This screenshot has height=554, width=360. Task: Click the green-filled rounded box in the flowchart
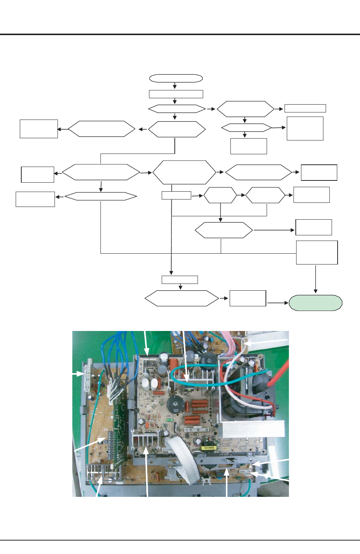click(316, 303)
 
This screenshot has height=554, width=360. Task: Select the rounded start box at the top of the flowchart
click(176, 78)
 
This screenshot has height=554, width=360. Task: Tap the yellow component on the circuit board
click(207, 448)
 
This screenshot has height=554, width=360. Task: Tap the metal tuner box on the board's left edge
click(90, 375)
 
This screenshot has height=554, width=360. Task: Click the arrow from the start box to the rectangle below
click(175, 86)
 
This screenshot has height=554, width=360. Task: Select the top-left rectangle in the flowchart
click(39, 129)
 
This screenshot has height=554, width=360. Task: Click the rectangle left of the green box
click(248, 298)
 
